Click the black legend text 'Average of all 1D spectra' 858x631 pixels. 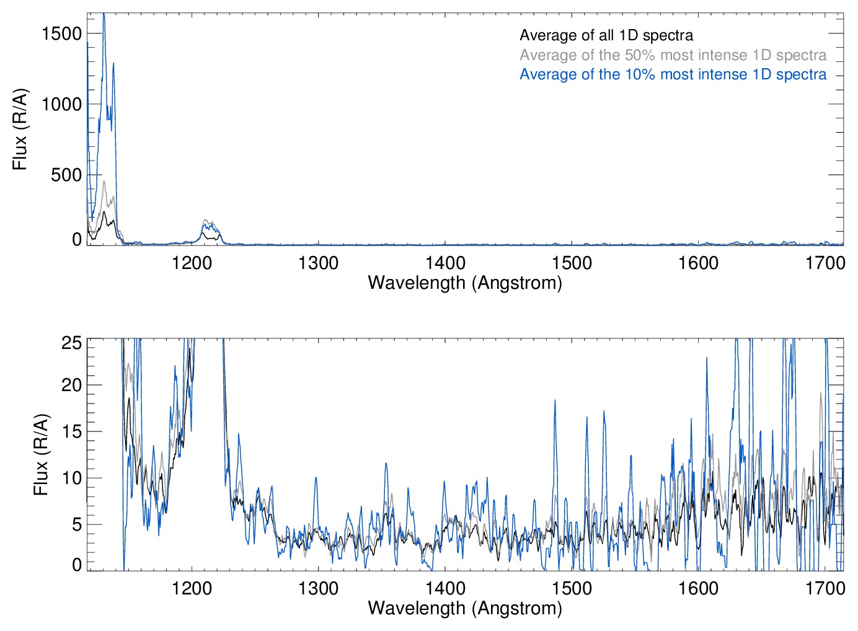point(606,35)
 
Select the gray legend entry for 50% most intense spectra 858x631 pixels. point(673,55)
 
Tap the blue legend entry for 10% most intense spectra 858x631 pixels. point(673,74)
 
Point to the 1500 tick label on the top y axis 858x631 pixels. point(62,33)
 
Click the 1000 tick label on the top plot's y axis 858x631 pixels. point(62,104)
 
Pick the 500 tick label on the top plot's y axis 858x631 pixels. point(67,175)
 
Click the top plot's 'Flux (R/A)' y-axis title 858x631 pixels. point(20,129)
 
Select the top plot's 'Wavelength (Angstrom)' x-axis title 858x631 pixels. point(465,283)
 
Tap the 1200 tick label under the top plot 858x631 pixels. point(192,263)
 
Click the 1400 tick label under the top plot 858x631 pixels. point(445,263)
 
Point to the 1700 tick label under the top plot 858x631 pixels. point(825,263)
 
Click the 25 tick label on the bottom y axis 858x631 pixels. point(72,343)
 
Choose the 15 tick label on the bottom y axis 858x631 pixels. point(72,431)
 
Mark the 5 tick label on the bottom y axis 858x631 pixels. point(77,524)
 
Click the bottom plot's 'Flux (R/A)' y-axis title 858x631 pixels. point(41,455)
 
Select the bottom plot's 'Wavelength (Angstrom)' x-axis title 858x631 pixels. point(465,608)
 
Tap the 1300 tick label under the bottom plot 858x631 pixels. point(318,588)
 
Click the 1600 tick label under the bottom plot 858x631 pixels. point(699,588)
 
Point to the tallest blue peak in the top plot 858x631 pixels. point(104,15)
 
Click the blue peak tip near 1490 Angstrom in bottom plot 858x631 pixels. point(555,400)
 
